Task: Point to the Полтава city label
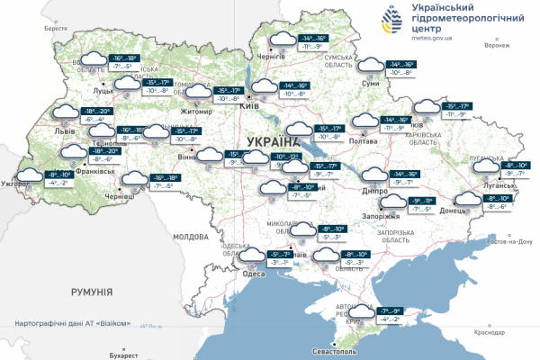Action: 362,140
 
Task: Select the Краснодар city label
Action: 487,332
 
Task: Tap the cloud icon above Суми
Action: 367,65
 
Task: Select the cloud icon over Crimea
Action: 364,313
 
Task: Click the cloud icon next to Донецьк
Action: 467,201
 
